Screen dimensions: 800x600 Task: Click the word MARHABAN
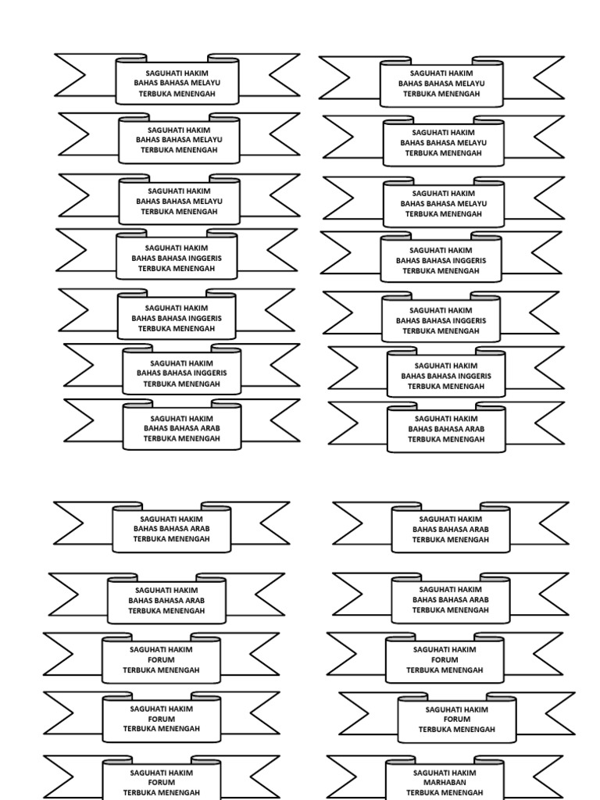click(445, 782)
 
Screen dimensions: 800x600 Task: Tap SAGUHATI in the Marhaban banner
click(430, 773)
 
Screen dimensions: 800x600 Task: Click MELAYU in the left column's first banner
click(206, 84)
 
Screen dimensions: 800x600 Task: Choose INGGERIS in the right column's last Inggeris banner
click(473, 376)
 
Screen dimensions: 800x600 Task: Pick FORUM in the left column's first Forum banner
click(161, 659)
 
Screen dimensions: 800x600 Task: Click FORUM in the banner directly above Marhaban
click(457, 720)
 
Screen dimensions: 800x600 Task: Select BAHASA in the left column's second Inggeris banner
click(177, 319)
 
